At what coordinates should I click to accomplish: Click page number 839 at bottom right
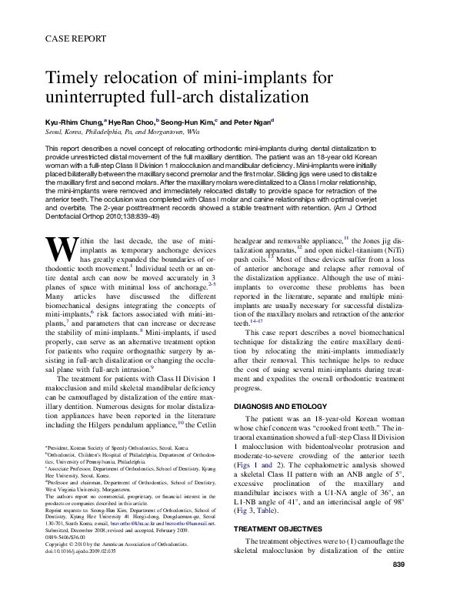[x=398, y=588]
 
